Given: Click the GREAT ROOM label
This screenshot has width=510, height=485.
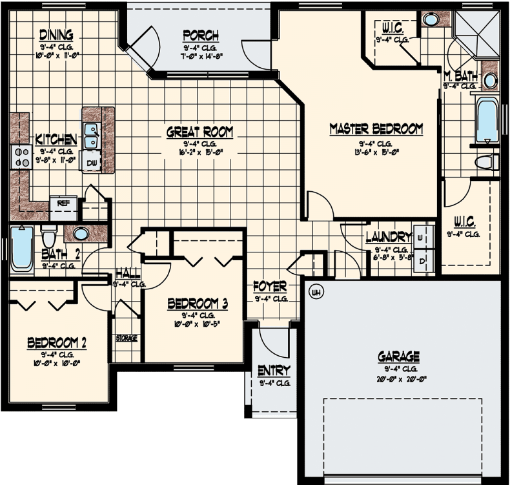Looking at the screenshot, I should [199, 132].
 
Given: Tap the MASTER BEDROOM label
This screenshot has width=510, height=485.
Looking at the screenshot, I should [376, 129].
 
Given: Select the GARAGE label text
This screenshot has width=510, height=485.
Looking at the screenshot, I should [398, 356].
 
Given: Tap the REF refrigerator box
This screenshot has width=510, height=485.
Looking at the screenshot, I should [63, 203].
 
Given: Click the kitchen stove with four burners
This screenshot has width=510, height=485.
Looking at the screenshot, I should [21, 157].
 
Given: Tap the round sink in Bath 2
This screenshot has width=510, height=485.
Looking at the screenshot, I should [81, 233].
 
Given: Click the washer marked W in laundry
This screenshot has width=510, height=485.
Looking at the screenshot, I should [420, 237].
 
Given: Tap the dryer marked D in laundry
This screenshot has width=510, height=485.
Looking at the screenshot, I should [422, 260].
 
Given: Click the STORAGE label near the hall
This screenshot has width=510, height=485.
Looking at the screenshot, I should [127, 338].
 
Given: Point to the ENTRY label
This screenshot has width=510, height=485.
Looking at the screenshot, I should [273, 371].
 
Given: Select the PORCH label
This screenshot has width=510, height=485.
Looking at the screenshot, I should [200, 36].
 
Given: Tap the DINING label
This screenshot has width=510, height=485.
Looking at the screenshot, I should [56, 34].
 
